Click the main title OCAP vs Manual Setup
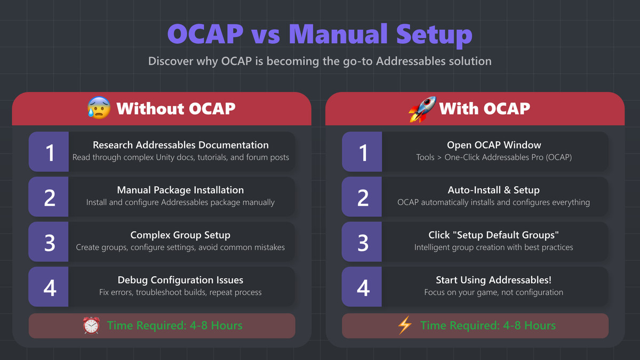(x=319, y=34)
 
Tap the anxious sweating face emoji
(x=98, y=108)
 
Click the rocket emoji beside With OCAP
(x=422, y=108)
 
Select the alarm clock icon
(x=91, y=325)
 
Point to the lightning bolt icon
(x=405, y=325)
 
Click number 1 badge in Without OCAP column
(x=49, y=152)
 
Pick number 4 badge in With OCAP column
(x=362, y=287)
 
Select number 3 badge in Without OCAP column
(x=49, y=242)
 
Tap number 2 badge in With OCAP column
(x=362, y=197)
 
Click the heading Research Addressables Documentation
(x=180, y=145)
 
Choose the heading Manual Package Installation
(x=180, y=190)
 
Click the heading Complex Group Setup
(x=180, y=235)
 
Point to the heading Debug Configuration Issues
(x=180, y=280)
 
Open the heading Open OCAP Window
(x=493, y=145)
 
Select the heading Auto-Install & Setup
(x=493, y=190)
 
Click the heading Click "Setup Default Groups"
(x=493, y=235)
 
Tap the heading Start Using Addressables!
(x=493, y=280)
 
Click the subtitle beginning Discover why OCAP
(x=319, y=61)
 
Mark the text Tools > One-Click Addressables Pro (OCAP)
(x=493, y=157)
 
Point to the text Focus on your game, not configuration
(x=493, y=292)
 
